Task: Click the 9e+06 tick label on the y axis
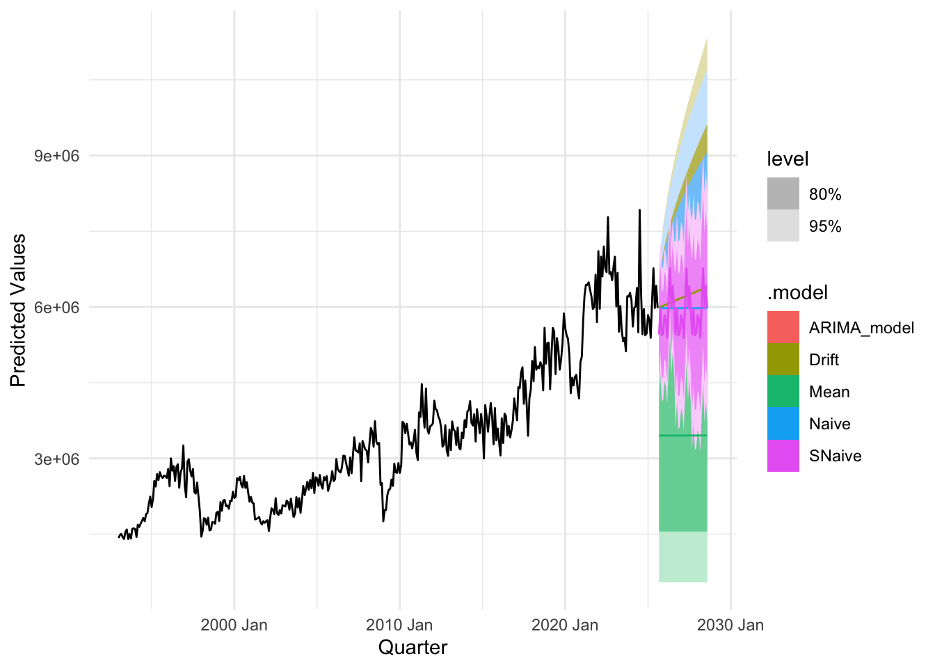coord(57,156)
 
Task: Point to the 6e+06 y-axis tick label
coord(57,308)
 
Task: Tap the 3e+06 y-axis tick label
coord(57,459)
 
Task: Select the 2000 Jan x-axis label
coord(234,625)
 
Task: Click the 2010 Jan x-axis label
coord(399,625)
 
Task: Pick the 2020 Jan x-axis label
coord(565,625)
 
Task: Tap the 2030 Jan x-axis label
coord(730,625)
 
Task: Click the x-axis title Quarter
coord(413,648)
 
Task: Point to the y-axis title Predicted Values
coord(18,310)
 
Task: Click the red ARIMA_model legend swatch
coord(783,328)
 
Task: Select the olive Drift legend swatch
coord(783,360)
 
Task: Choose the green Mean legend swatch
coord(783,392)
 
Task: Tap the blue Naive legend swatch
coord(783,424)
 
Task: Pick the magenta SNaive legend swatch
coord(783,456)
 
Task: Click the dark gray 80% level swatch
coord(783,194)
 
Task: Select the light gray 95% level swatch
coord(783,226)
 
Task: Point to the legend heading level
coord(788,159)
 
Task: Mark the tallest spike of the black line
coord(639,210)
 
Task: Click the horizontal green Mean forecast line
coord(682,436)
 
